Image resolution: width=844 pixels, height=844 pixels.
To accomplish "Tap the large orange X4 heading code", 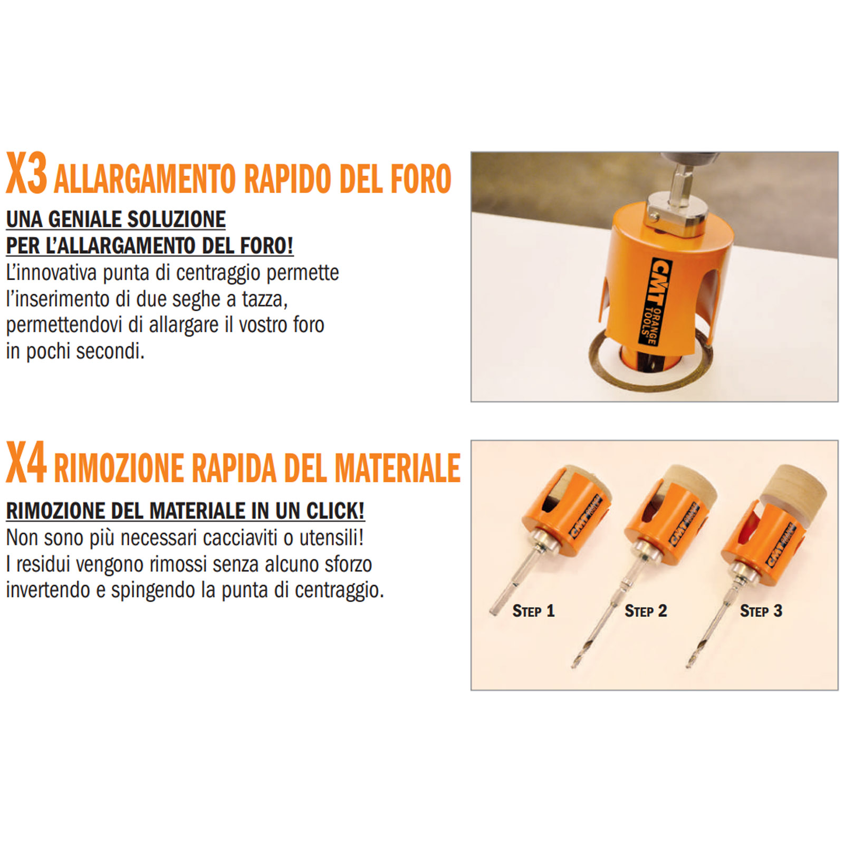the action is [x=26, y=463].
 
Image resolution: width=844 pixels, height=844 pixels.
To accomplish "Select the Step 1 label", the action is [x=533, y=611].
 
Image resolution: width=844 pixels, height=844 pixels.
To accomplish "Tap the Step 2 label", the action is [x=646, y=611].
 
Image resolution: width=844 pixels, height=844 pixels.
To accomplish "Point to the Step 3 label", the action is [x=761, y=611].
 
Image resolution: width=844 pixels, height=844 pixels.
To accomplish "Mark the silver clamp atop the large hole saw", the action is [x=676, y=213].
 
